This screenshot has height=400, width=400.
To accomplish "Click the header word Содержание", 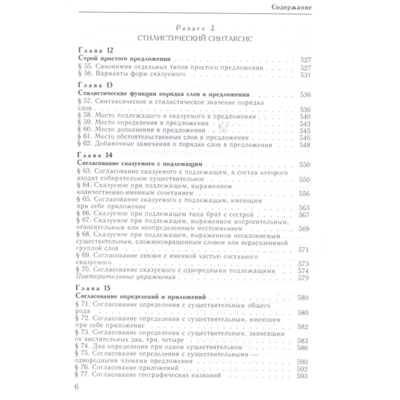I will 291,7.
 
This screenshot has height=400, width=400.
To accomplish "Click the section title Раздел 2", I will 195,28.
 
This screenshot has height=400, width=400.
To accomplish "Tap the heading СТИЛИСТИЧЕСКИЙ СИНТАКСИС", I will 195,38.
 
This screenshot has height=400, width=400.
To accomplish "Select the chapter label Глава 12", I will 96,50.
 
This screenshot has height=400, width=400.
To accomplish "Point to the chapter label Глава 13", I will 95,85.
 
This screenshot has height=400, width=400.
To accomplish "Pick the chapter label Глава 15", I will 93,288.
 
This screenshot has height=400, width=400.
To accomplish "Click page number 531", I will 305,75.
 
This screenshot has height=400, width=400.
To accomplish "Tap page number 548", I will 305,145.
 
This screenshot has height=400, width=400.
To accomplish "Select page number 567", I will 304,215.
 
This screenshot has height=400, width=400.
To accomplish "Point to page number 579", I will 303,278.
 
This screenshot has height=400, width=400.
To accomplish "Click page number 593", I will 302,376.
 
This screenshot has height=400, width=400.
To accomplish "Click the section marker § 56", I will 85,74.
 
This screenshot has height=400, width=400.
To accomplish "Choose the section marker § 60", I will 84,130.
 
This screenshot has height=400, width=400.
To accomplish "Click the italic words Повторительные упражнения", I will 125,277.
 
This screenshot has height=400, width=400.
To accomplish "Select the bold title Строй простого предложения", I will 124,59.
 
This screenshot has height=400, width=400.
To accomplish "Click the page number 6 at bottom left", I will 76,387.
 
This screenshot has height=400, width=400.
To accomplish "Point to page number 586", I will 302,348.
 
